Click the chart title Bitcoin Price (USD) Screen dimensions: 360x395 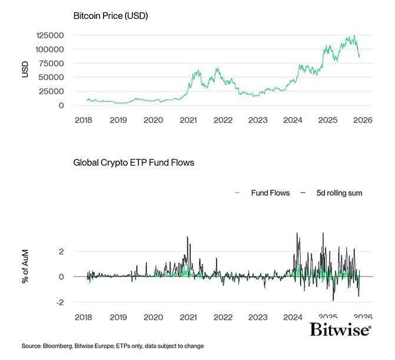click(x=110, y=15)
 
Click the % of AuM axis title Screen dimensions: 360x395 click(x=25, y=268)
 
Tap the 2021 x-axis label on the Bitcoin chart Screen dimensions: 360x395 click(x=188, y=120)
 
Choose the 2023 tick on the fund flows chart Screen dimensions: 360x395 click(x=258, y=317)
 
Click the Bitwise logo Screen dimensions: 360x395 click(x=340, y=329)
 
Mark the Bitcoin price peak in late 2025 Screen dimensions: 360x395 click(x=354, y=35)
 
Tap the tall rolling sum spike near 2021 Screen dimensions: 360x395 click(x=187, y=237)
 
